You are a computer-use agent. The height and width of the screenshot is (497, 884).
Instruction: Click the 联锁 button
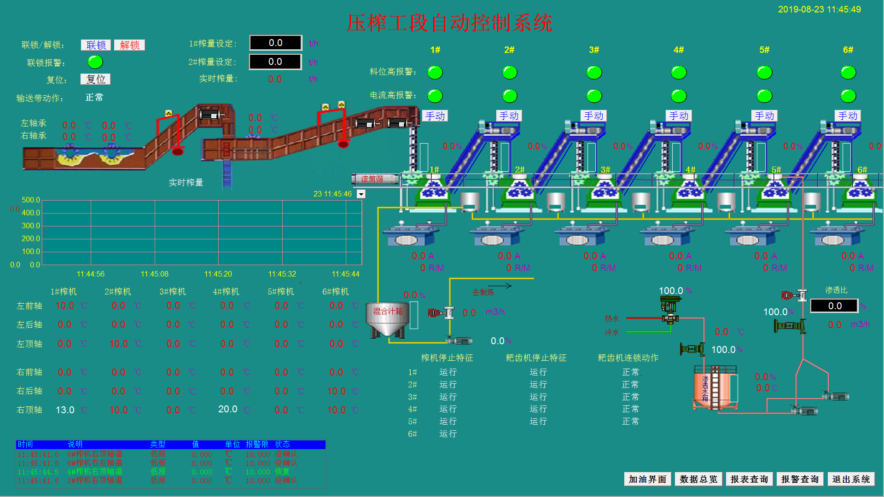pyautogui.click(x=96, y=45)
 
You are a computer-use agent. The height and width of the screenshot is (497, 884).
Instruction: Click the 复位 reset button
pyautogui.click(x=95, y=79)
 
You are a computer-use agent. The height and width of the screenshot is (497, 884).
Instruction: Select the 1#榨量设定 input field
pyautogui.click(x=275, y=43)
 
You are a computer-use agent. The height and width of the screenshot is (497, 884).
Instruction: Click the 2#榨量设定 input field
pyautogui.click(x=275, y=62)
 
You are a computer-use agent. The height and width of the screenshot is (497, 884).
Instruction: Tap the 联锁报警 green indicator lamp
pyautogui.click(x=95, y=62)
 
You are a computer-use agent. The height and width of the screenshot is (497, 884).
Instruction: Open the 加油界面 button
pyautogui.click(x=647, y=479)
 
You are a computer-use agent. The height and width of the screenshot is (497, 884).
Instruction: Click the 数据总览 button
pyautogui.click(x=698, y=479)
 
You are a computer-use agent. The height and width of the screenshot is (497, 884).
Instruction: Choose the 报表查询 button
pyautogui.click(x=749, y=479)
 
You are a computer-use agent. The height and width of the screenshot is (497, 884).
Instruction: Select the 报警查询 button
pyautogui.click(x=800, y=479)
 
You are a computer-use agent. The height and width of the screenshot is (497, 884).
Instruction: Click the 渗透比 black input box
pyautogui.click(x=834, y=306)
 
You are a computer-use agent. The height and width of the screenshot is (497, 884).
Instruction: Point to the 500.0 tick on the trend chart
pyautogui.click(x=31, y=200)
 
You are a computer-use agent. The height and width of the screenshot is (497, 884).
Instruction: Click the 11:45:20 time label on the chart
pyautogui.click(x=218, y=274)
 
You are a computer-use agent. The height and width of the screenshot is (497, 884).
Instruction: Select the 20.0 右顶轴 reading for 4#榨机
pyautogui.click(x=228, y=409)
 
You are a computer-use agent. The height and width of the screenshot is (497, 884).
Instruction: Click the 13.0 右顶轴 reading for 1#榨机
pyautogui.click(x=65, y=410)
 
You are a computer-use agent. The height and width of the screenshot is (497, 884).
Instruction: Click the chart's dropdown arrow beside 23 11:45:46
pyautogui.click(x=361, y=194)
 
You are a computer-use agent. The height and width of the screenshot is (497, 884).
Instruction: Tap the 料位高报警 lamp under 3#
pyautogui.click(x=594, y=72)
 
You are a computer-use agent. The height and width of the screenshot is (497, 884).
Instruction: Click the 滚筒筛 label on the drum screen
pyautogui.click(x=372, y=179)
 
